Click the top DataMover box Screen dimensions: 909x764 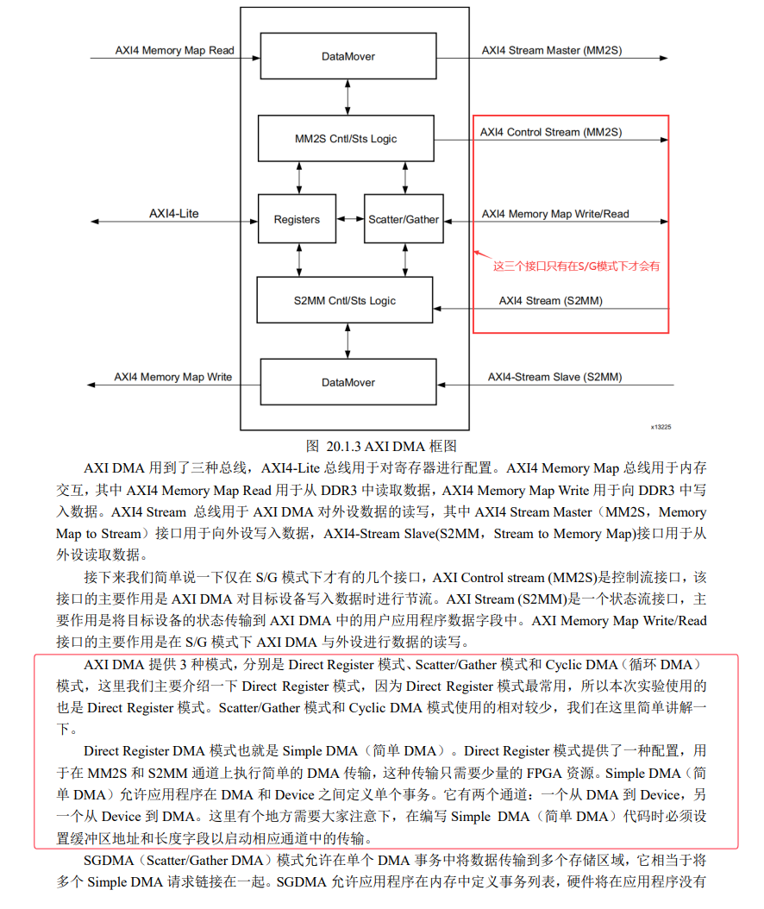pos(348,57)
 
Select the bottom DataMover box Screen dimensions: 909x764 pos(348,382)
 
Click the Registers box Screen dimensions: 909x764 pos(297,220)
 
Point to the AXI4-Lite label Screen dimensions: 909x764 pos(174,212)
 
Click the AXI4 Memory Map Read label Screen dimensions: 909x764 pos(175,50)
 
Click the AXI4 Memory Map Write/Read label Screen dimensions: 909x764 pos(555,214)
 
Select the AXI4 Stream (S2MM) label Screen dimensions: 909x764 pos(551,300)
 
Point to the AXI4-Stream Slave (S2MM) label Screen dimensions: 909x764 pos(555,377)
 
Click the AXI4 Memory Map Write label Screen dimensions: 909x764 pos(173,377)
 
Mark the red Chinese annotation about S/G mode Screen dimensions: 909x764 pos(576,266)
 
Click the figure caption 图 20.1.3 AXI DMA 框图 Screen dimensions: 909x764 pos(381,446)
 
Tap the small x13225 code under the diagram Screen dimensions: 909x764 pos(661,426)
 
